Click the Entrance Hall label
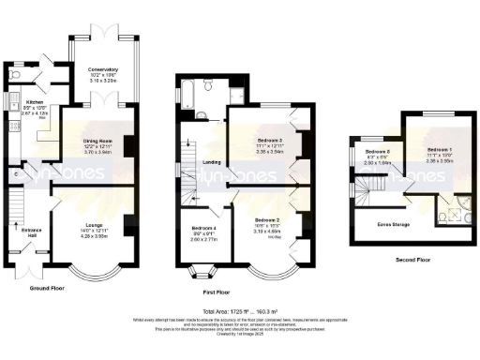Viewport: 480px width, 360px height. pos(25,230)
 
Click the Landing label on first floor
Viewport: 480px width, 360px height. pos(212,162)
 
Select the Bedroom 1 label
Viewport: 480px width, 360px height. pos(440,150)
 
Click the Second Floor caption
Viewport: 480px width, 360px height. pos(412,261)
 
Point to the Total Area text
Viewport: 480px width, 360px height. pos(240,309)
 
